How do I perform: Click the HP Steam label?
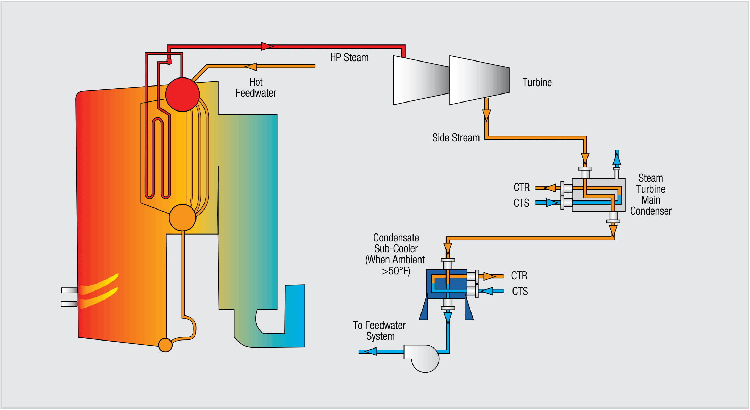(349, 58)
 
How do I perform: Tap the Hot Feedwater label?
(256, 88)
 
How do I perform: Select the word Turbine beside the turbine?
(537, 83)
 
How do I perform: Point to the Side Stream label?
(456, 138)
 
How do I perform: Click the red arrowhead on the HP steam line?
(267, 46)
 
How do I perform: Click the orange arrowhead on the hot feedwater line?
(251, 66)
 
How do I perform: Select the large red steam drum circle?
(182, 95)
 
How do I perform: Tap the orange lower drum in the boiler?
(182, 218)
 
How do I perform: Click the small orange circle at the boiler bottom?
(165, 345)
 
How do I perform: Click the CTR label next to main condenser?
(522, 188)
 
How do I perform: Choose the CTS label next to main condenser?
(521, 203)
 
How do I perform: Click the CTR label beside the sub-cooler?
(519, 276)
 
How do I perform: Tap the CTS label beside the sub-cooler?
(520, 291)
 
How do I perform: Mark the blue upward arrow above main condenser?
(617, 158)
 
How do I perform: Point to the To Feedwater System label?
(380, 331)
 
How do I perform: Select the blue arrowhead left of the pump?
(370, 352)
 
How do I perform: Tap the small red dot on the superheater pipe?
(169, 62)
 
